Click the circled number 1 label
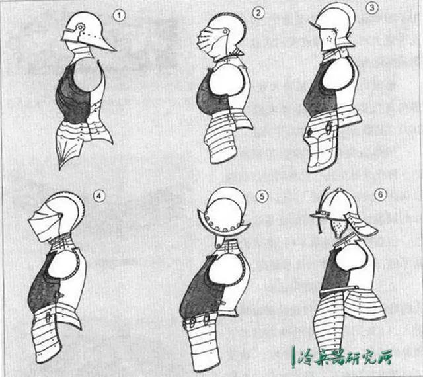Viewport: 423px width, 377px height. click(x=119, y=15)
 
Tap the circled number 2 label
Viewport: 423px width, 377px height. click(x=258, y=13)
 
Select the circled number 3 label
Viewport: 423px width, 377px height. click(x=372, y=8)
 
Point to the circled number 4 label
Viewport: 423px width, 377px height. click(x=99, y=196)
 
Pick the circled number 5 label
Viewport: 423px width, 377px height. click(x=262, y=196)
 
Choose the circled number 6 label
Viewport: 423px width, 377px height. click(x=381, y=194)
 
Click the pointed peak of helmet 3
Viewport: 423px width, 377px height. click(x=315, y=25)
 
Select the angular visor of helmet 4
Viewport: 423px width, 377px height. click(x=43, y=224)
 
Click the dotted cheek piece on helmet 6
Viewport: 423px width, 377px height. click(x=336, y=228)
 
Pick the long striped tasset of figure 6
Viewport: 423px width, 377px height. click(x=330, y=323)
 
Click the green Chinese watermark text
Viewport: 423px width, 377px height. click(x=342, y=356)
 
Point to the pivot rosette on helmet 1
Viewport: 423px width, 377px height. click(x=80, y=27)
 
